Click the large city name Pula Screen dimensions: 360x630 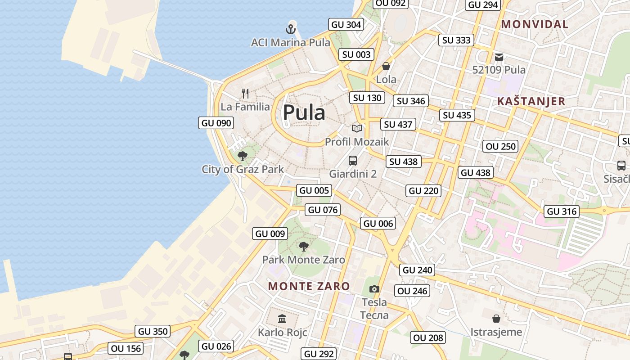point(304,112)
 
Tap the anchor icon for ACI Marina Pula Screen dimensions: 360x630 point(291,29)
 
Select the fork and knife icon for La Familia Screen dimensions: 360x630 point(245,94)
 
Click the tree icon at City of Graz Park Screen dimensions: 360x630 point(243,156)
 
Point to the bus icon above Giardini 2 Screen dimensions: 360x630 point(353,160)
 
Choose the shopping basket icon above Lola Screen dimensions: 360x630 point(386,67)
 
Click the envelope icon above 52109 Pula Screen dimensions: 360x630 point(499,57)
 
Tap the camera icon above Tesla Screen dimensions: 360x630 point(374,289)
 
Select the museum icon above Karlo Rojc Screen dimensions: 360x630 point(282,319)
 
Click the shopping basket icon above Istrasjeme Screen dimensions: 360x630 point(496,319)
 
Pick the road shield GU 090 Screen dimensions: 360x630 point(216,123)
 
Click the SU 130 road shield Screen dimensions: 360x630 point(367,98)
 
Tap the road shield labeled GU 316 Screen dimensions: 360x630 point(562,211)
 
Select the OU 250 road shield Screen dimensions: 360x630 point(501,146)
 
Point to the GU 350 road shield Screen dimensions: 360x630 point(153,331)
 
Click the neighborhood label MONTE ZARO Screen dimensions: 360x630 point(309,286)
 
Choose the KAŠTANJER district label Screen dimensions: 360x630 point(531,101)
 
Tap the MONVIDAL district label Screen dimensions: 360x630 point(535,24)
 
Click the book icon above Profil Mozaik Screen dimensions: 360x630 point(357,128)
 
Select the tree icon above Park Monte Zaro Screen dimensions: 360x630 point(304,246)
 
